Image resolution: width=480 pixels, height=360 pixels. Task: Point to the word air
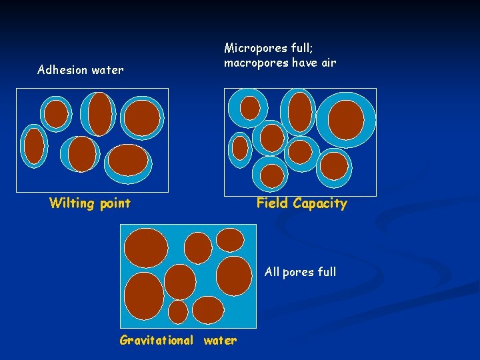pos(328,63)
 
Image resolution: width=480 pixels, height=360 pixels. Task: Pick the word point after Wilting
pos(114,203)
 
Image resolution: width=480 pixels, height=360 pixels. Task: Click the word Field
pos(273,203)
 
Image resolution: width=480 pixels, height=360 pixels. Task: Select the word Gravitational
pos(157,341)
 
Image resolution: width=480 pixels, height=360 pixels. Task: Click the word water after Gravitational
pos(220,341)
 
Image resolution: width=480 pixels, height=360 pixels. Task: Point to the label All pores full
pos(300,272)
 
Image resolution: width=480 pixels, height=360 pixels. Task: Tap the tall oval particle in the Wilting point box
pos(100,113)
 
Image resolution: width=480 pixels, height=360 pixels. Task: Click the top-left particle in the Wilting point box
pos(56,114)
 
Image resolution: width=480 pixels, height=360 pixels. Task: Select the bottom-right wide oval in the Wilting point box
pos(127,160)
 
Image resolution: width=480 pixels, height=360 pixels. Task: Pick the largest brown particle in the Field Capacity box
pos(346,120)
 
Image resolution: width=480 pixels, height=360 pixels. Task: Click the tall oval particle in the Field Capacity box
pos(300,111)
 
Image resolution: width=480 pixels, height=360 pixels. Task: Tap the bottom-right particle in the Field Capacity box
pos(334,165)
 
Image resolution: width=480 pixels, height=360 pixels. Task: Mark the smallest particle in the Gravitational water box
pos(178,311)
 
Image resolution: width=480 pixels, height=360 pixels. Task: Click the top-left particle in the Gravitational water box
pos(147,248)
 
